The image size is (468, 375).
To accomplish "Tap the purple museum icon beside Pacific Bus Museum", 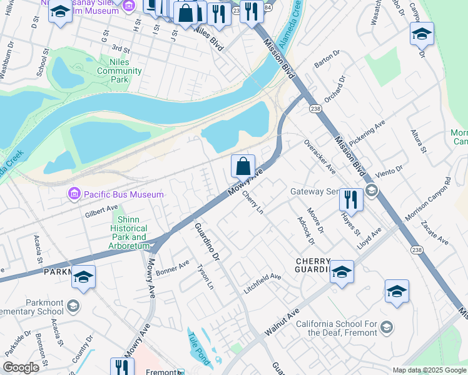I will [74, 195].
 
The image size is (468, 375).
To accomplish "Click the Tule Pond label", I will [200, 346].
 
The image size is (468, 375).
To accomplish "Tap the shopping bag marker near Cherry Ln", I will [243, 167].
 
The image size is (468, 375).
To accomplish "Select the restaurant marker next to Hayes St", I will [351, 199].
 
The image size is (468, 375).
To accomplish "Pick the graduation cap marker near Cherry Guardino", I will [342, 271].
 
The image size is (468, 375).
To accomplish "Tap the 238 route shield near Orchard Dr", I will [315, 109].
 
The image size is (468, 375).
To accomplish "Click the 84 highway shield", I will [268, 7].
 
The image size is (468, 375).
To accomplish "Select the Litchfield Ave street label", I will [262, 277].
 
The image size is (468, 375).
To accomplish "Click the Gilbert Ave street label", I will [101, 211].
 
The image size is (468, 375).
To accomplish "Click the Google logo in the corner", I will [21, 367].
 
